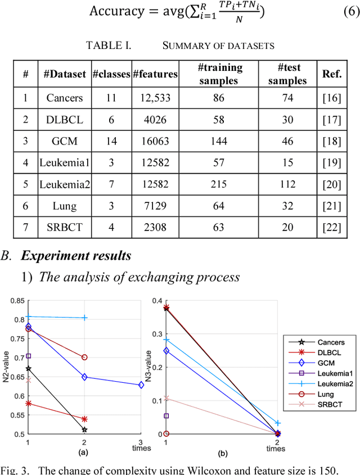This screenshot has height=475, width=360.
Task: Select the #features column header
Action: tap(155, 74)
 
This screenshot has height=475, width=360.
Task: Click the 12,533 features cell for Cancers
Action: tap(155, 98)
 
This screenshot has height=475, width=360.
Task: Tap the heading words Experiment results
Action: tap(76, 256)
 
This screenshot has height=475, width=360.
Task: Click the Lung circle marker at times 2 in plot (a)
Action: tap(84, 357)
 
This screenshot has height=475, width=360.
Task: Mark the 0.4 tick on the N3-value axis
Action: tap(157, 301)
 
